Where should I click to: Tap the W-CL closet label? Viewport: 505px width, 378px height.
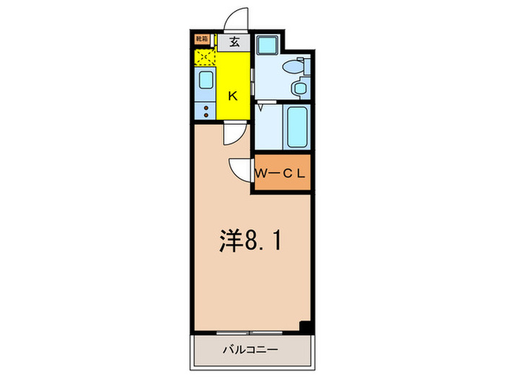pyautogui.click(x=281, y=174)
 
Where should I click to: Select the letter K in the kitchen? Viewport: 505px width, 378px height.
pyautogui.click(x=233, y=94)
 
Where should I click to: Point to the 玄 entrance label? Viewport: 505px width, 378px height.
pyautogui.click(x=234, y=42)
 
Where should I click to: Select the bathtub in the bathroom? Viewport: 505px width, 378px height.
pyautogui.click(x=297, y=127)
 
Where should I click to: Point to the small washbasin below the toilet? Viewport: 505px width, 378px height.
pyautogui.click(x=299, y=89)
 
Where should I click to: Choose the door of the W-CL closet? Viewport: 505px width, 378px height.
pyautogui.click(x=240, y=168)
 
